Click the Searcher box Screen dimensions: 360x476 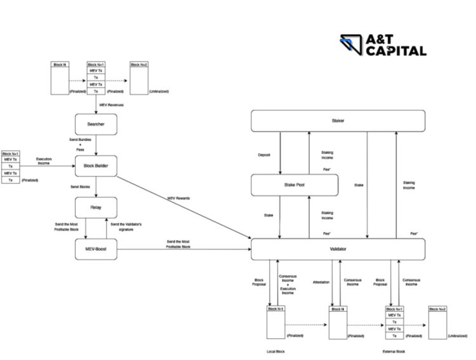[96, 124]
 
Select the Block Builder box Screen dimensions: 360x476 [96, 166]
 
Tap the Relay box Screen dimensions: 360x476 [96, 207]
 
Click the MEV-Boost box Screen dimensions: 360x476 [96, 249]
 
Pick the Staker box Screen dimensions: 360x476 [338, 121]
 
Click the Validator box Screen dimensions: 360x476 [338, 250]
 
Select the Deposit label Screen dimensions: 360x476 [264, 154]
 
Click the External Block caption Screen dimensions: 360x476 [395, 351]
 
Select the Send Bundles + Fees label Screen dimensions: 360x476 [79, 143]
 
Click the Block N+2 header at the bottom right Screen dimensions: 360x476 [438, 309]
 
